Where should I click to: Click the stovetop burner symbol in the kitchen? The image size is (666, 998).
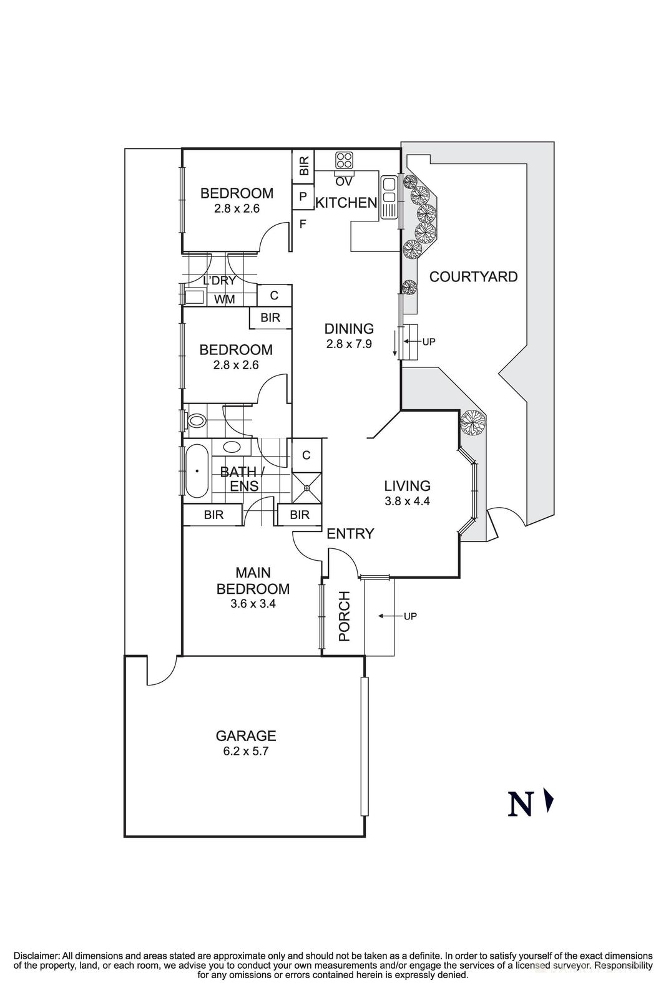pos(344,160)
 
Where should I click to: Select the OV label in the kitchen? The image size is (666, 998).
pos(344,182)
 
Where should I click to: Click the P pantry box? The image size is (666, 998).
pos(303,196)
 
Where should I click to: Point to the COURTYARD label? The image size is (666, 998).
pos(474,276)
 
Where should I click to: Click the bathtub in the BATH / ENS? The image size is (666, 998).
pos(197,471)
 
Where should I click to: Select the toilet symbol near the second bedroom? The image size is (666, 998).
pos(195,421)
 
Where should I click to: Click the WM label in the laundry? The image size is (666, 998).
pos(225,299)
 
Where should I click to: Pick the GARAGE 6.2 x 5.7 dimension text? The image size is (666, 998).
pos(245,752)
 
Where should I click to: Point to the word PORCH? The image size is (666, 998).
pos(344,616)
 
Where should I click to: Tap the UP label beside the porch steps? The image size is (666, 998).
pos(410,616)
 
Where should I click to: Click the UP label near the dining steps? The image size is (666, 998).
pos(429,342)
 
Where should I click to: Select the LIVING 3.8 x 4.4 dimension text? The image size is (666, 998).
pos(407,500)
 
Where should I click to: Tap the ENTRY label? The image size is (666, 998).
pos(350,533)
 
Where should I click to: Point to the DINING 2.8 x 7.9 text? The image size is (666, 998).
pos(349,343)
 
